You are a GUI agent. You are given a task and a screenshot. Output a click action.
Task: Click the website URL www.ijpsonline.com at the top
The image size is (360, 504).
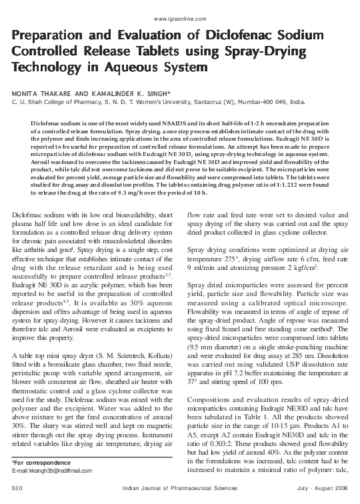pyautogui.click(x=179, y=20)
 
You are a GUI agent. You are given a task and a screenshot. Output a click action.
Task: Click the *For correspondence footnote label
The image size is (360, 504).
pyautogui.click(x=34, y=462)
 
